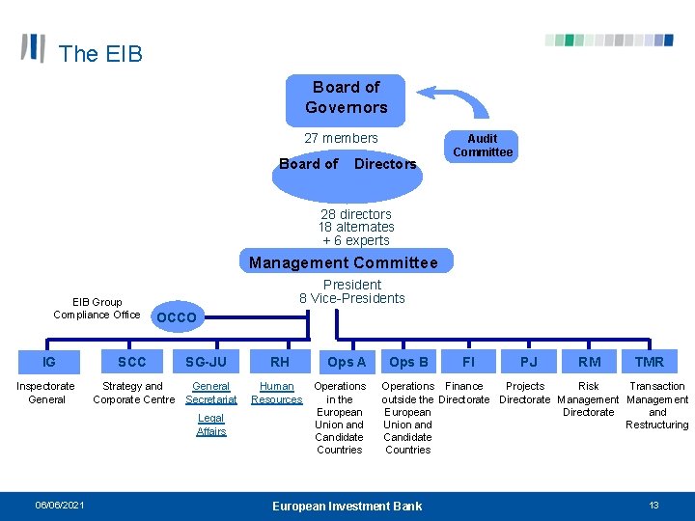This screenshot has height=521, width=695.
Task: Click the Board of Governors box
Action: [x=346, y=97]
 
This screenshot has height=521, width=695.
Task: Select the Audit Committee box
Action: [x=483, y=146]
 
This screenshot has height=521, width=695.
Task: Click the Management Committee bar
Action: [x=343, y=262]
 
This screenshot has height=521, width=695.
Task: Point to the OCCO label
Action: [x=176, y=317]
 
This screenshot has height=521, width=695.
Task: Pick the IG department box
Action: [x=49, y=362]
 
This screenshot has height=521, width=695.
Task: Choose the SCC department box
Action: [x=131, y=362]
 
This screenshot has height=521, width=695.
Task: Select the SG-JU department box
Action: [x=207, y=362]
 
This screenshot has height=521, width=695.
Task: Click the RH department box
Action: [x=280, y=362]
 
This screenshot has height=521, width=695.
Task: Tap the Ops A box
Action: [x=347, y=362]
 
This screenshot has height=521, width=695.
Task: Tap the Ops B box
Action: [x=408, y=362]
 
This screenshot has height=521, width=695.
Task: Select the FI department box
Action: [x=468, y=362]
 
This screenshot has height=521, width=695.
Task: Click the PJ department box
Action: [x=529, y=362]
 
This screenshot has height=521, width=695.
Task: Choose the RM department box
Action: [x=589, y=362]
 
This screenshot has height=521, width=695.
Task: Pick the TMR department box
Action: [x=649, y=362]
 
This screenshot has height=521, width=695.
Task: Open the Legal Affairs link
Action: [x=211, y=425]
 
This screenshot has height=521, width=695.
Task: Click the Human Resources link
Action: [x=277, y=393]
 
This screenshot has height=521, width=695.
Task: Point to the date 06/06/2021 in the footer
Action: [x=60, y=506]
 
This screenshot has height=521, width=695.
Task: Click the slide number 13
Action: [x=653, y=506]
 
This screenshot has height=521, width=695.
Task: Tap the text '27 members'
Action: [x=341, y=138]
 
